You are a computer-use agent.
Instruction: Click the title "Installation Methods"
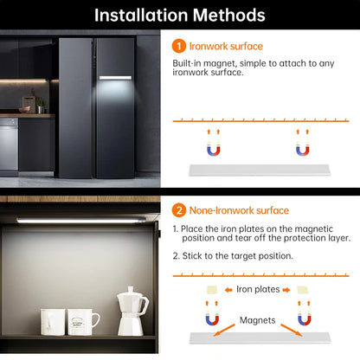coord(180,16)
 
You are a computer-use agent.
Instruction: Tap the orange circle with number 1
coord(178,46)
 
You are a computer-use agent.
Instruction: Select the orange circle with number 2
coord(178,210)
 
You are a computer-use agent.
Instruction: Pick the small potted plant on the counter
coord(40,105)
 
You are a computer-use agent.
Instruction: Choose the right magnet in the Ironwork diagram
coord(303,148)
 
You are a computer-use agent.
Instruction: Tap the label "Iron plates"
coord(257,288)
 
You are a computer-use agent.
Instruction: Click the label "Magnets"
coord(257,321)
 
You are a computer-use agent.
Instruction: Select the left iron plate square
coord(211,288)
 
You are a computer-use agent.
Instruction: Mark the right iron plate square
coord(303,288)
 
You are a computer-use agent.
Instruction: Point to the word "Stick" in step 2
coord(195,255)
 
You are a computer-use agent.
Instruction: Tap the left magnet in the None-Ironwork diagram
coord(211,319)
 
